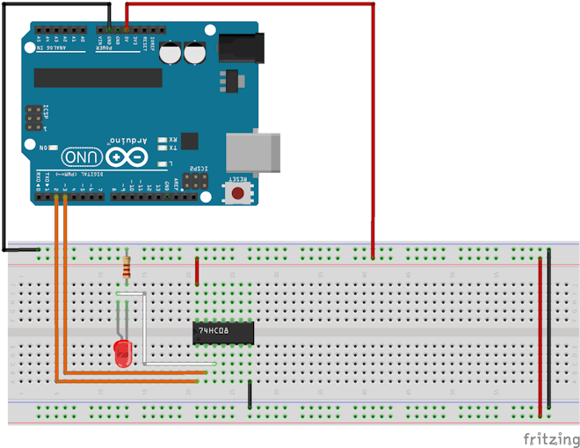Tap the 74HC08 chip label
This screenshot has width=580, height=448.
(214, 330)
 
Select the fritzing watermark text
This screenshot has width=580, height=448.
(551, 437)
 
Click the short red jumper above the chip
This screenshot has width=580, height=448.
(197, 271)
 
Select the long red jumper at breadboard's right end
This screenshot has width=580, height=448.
(540, 334)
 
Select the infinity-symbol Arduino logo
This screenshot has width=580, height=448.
(127, 158)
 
